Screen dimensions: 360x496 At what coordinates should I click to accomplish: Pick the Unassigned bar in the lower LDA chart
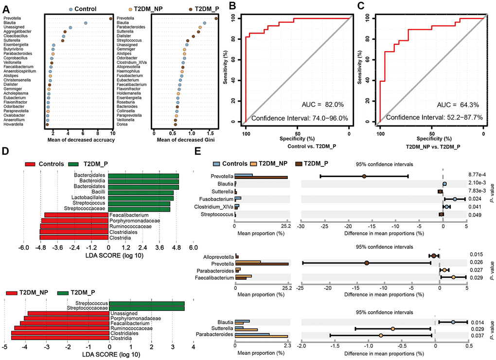click(x=68, y=313)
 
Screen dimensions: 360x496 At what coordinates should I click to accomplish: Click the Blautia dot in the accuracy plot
click(x=86, y=23)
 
